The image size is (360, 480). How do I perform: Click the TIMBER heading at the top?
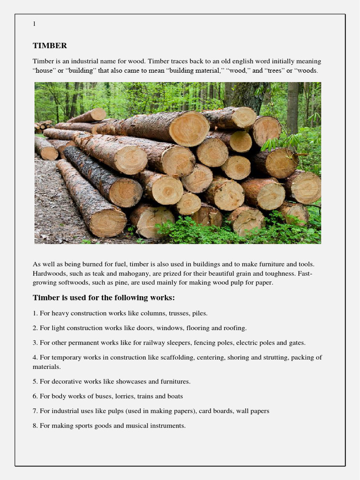click(x=50, y=46)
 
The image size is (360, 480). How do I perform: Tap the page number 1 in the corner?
click(x=34, y=24)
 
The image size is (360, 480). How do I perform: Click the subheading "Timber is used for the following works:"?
click(x=104, y=298)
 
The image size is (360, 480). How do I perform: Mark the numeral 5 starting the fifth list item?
click(x=35, y=382)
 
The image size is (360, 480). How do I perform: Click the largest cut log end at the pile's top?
click(x=189, y=128)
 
